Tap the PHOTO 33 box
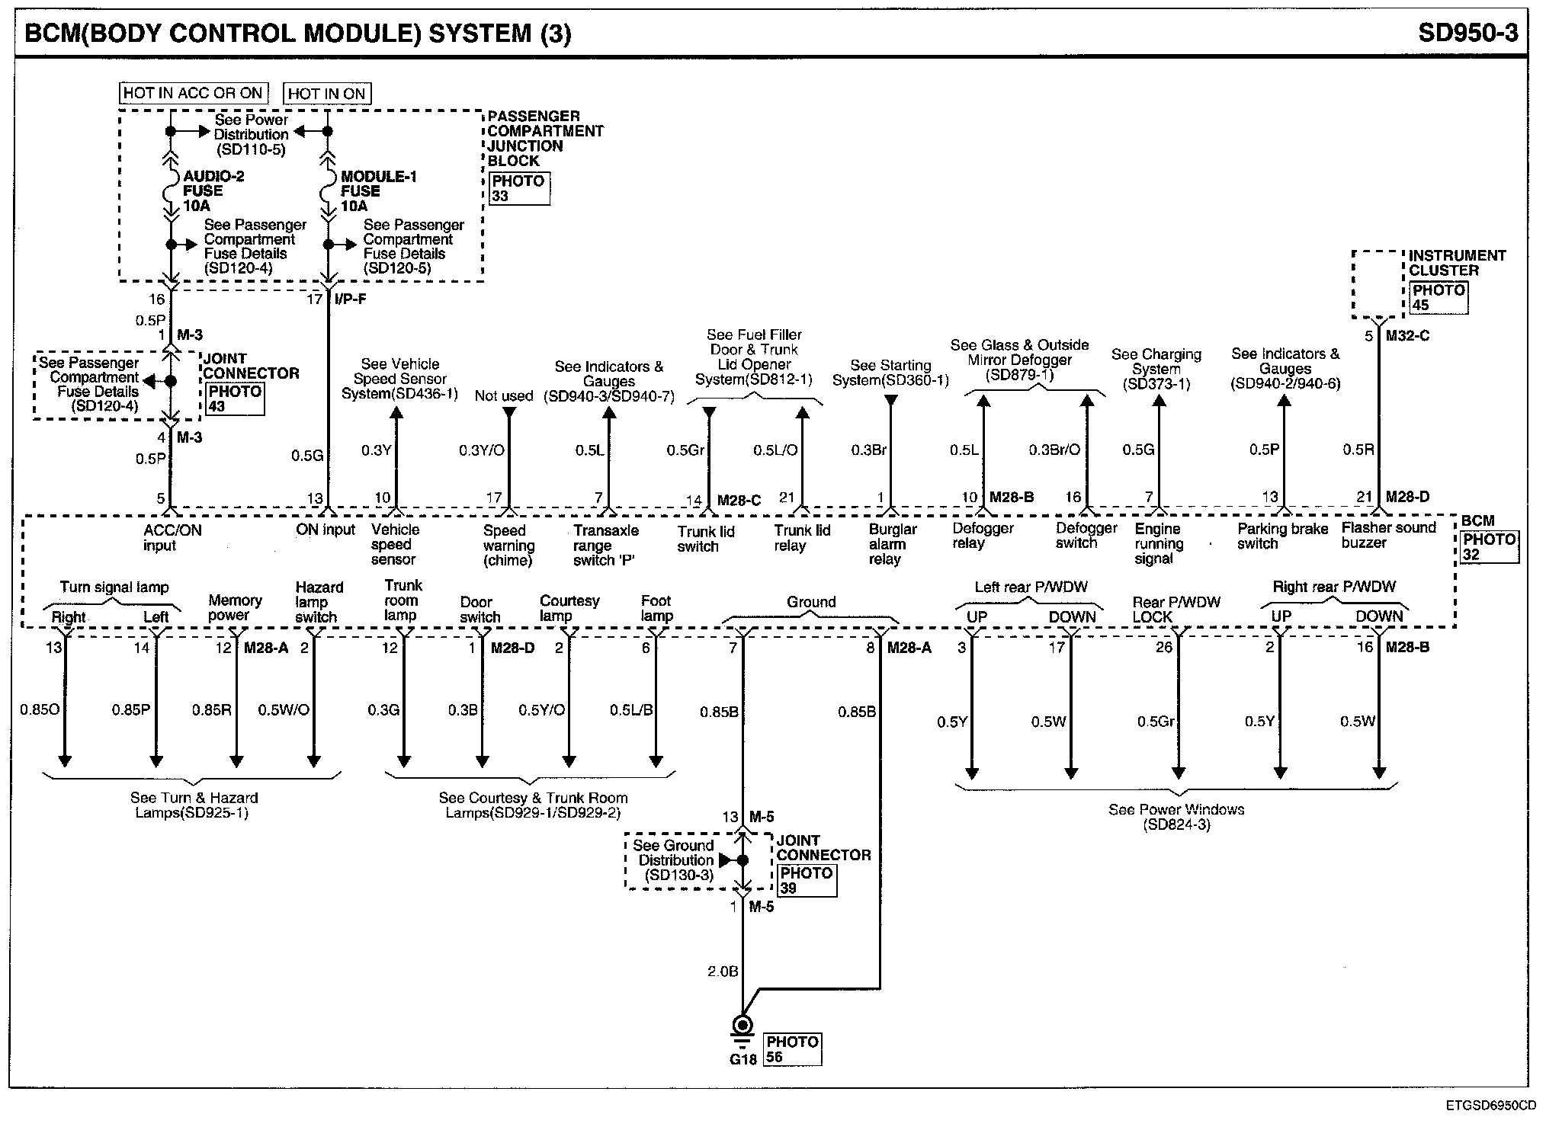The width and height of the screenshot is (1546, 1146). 519,188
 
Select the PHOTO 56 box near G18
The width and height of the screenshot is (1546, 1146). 793,1049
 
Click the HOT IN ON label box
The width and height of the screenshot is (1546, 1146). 326,94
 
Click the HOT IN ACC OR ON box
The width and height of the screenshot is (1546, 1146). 193,93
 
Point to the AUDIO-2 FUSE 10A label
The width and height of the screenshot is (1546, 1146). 213,190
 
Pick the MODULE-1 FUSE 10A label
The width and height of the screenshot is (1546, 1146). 378,190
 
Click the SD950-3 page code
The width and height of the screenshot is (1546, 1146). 1467,33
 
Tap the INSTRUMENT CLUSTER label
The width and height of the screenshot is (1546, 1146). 1457,263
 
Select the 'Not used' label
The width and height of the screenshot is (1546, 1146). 503,395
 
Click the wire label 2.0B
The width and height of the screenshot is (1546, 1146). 723,972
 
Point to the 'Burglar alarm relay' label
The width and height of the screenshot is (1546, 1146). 891,544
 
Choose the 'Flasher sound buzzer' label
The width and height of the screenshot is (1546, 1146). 1388,535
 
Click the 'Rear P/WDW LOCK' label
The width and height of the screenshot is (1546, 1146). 1176,610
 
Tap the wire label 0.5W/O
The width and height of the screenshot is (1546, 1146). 283,710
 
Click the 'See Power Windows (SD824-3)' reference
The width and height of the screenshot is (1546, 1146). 1176,817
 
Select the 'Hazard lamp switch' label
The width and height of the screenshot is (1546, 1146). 319,602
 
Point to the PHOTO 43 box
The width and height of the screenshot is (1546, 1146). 234,399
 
